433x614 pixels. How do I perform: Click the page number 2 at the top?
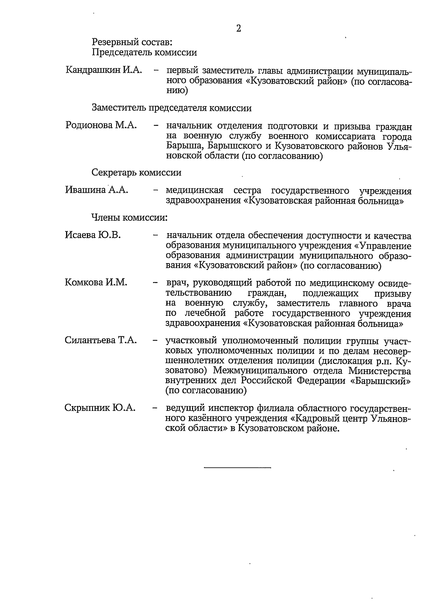pos(239,29)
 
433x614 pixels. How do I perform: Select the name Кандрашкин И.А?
pos(104,70)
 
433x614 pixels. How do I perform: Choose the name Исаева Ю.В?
pos(93,235)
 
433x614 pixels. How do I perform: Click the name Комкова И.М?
pos(96,282)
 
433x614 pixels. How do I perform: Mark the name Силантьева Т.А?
pos(101,340)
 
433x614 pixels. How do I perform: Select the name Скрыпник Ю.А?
pos(100,408)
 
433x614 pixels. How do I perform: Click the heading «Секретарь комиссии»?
pos(136,173)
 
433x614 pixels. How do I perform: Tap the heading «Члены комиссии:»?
pos(130,218)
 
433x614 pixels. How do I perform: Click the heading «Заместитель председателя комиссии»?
pos(171,108)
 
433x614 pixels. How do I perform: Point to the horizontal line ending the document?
pos(237,468)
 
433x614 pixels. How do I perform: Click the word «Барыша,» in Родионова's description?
pos(181,146)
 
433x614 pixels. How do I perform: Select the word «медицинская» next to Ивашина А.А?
pos(194,190)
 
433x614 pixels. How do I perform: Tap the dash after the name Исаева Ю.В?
pos(156,236)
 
